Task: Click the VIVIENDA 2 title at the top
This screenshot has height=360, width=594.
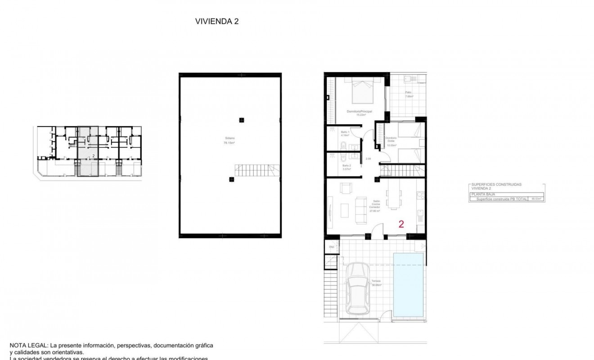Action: [x=216, y=21]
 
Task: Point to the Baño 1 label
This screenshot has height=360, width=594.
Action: [x=345, y=134]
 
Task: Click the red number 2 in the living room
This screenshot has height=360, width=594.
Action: [x=401, y=224]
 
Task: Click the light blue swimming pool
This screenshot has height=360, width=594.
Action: [x=409, y=284]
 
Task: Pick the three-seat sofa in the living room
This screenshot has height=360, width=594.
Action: [x=361, y=210]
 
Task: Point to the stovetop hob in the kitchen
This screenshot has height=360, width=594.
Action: [x=421, y=195]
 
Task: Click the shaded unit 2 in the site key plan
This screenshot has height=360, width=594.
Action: [x=88, y=151]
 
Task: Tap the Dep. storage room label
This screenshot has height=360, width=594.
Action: [x=331, y=247]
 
